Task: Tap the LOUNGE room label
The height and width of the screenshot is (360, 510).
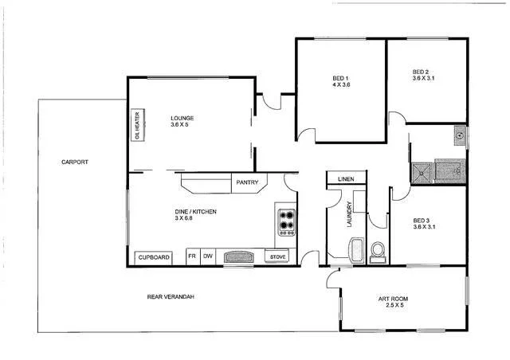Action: pos(182,121)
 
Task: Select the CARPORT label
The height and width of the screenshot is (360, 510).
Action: pos(75,162)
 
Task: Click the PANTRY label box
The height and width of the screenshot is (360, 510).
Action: pos(245,183)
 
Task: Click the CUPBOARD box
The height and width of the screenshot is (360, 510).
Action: pos(155,257)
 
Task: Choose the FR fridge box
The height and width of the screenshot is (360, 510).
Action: pos(191,256)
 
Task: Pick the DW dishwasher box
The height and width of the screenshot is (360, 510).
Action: pos(207,256)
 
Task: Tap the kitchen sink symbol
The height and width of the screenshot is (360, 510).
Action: pos(237,257)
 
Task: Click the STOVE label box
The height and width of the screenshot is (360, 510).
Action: pos(277,257)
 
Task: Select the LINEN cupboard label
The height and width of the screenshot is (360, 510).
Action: pos(346,179)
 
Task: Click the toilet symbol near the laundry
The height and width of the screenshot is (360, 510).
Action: pos(377,252)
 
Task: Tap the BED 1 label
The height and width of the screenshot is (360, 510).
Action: pos(341,80)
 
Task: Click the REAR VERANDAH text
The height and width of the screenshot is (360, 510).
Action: pos(171,297)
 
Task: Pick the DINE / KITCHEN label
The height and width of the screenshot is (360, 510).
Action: pos(195,214)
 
